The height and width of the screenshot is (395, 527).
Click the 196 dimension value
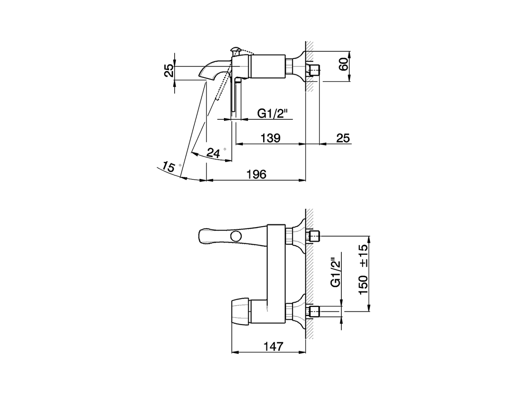(257, 174)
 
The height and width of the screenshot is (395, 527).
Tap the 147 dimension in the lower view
(273, 346)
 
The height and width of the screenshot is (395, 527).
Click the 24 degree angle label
(213, 153)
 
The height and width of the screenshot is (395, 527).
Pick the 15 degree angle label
(168, 167)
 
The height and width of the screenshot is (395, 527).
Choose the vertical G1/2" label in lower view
(336, 272)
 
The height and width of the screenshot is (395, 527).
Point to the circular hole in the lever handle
(236, 236)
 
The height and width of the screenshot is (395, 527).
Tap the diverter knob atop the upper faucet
(236, 51)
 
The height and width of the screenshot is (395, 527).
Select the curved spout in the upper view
(214, 69)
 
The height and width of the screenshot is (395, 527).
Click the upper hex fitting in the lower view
(314, 236)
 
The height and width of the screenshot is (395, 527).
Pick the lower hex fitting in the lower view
(314, 311)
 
